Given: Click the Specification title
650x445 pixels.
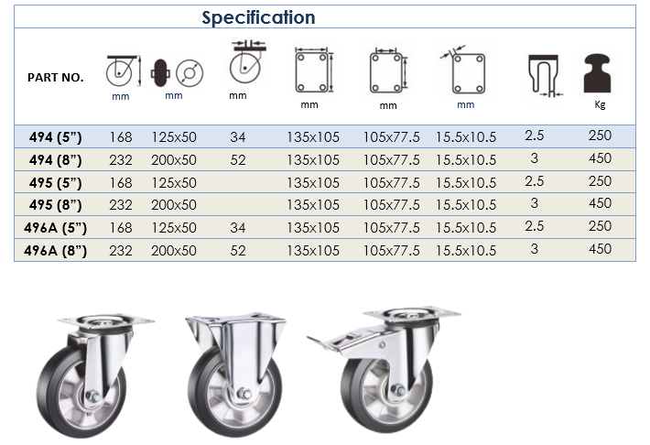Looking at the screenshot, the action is coord(258,17).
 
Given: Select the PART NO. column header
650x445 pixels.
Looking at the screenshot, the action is coord(56,78).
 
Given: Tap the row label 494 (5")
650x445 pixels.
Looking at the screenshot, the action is coord(56,136).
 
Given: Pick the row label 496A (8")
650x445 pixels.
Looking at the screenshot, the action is coord(56,251).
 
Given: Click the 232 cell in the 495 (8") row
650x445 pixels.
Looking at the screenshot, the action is coord(121,205).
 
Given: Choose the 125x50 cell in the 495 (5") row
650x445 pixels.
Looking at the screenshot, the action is coord(174,182).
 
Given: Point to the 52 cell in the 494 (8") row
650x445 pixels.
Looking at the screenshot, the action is coord(238,160).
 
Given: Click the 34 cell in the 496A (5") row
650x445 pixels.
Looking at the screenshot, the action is coord(238,228).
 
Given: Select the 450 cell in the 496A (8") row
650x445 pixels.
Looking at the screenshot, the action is coord(600,249).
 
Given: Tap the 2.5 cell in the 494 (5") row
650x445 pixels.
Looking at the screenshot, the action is coord(535,136).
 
